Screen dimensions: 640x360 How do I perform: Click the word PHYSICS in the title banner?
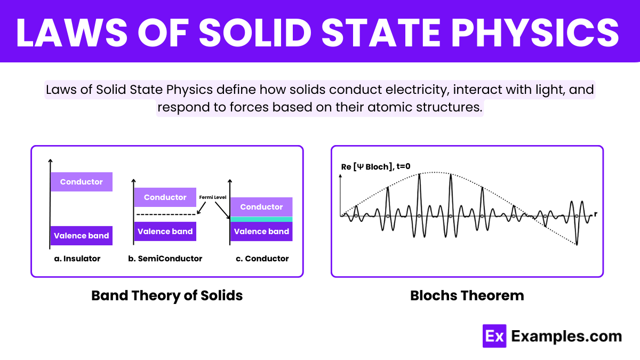(535, 33)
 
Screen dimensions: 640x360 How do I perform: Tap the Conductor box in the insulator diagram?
(82, 182)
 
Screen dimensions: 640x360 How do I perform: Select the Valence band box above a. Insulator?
(82, 236)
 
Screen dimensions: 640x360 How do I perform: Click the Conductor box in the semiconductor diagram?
(165, 197)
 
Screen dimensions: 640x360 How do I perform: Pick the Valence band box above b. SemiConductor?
(165, 231)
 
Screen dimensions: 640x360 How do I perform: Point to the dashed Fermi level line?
(166, 214)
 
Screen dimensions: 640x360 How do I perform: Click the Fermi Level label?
(213, 197)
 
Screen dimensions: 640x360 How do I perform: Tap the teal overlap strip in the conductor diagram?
(261, 219)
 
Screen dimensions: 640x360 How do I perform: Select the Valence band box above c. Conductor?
(261, 231)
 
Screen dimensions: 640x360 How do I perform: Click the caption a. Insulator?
(77, 259)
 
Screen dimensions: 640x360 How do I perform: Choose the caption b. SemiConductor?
(165, 259)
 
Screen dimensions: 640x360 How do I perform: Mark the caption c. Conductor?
(262, 259)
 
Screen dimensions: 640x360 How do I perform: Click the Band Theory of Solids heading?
(167, 295)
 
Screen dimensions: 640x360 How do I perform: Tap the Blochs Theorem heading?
(467, 295)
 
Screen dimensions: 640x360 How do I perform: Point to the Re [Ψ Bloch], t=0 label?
(375, 166)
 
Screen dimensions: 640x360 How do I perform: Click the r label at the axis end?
(595, 214)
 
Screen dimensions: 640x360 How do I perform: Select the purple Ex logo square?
(494, 336)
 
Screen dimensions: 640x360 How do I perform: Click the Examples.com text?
(566, 337)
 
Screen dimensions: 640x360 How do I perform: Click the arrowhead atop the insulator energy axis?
(50, 161)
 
